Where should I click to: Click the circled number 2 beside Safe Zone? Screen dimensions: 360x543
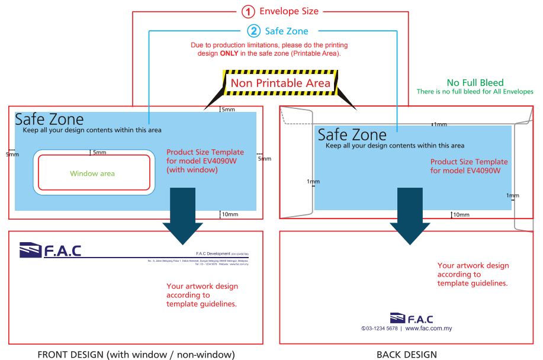[253, 31]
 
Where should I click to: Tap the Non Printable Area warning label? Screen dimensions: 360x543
[280, 83]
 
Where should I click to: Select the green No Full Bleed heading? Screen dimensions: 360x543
[475, 83]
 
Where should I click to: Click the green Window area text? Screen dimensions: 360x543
[92, 173]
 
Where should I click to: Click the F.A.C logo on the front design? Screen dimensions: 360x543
[50, 250]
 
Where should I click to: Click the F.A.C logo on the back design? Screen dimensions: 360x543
[411, 319]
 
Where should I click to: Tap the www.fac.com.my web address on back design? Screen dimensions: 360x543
[429, 328]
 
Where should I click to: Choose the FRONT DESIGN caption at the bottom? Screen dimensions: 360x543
[136, 355]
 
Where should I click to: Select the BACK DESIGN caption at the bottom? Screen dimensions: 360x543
[407, 355]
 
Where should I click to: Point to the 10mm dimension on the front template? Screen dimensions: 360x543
[229, 214]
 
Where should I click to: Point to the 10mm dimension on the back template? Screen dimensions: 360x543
[460, 214]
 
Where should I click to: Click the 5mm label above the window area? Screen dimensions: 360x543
[99, 153]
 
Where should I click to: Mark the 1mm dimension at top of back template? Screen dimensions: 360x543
[440, 124]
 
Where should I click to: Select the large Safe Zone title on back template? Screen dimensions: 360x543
[352, 134]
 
